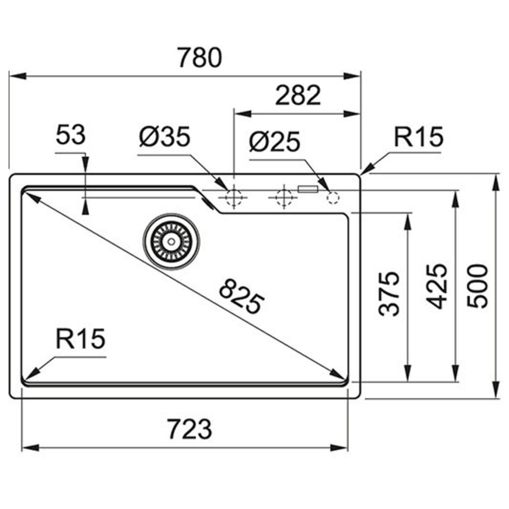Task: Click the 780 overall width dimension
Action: (200, 58)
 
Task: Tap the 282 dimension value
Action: (298, 95)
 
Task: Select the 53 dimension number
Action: (71, 135)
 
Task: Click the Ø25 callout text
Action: (275, 142)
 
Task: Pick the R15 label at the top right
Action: (418, 137)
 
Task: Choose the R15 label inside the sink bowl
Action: (81, 339)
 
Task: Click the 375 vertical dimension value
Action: (389, 293)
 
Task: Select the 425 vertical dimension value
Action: (437, 286)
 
